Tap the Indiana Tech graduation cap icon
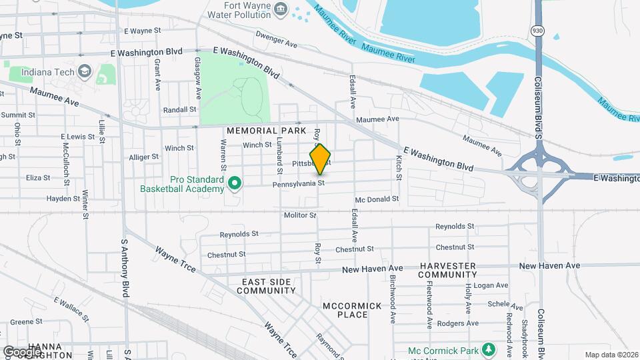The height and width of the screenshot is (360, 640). click(85, 71)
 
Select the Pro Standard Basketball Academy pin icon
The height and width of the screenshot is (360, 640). click(234, 182)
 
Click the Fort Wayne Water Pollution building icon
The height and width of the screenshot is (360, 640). click(281, 9)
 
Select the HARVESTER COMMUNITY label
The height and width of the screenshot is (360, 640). click(457, 270)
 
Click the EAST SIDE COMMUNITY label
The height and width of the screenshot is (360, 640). click(266, 286)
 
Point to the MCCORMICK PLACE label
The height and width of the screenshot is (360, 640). click(352, 310)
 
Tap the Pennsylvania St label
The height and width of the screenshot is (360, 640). click(298, 183)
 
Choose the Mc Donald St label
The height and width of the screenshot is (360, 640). click(377, 199)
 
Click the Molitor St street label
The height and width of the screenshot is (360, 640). click(299, 215)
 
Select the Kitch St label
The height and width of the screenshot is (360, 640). click(399, 167)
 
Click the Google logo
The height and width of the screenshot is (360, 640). click(22, 351)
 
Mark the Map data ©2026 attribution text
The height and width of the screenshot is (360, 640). click(611, 355)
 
